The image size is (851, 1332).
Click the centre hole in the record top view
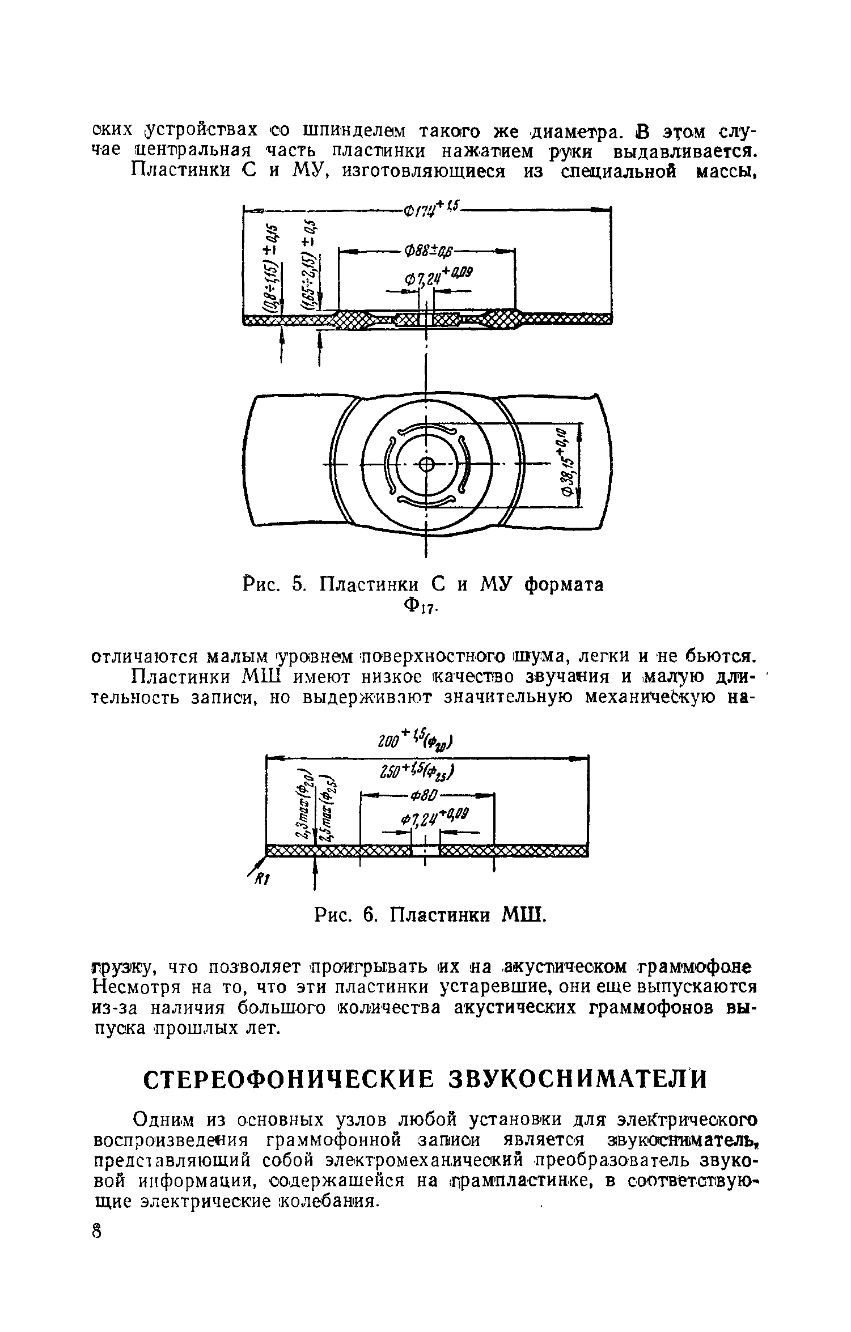[x=426, y=465]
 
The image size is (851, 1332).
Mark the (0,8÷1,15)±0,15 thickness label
[x=274, y=266]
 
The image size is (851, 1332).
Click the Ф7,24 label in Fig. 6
[x=434, y=818]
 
